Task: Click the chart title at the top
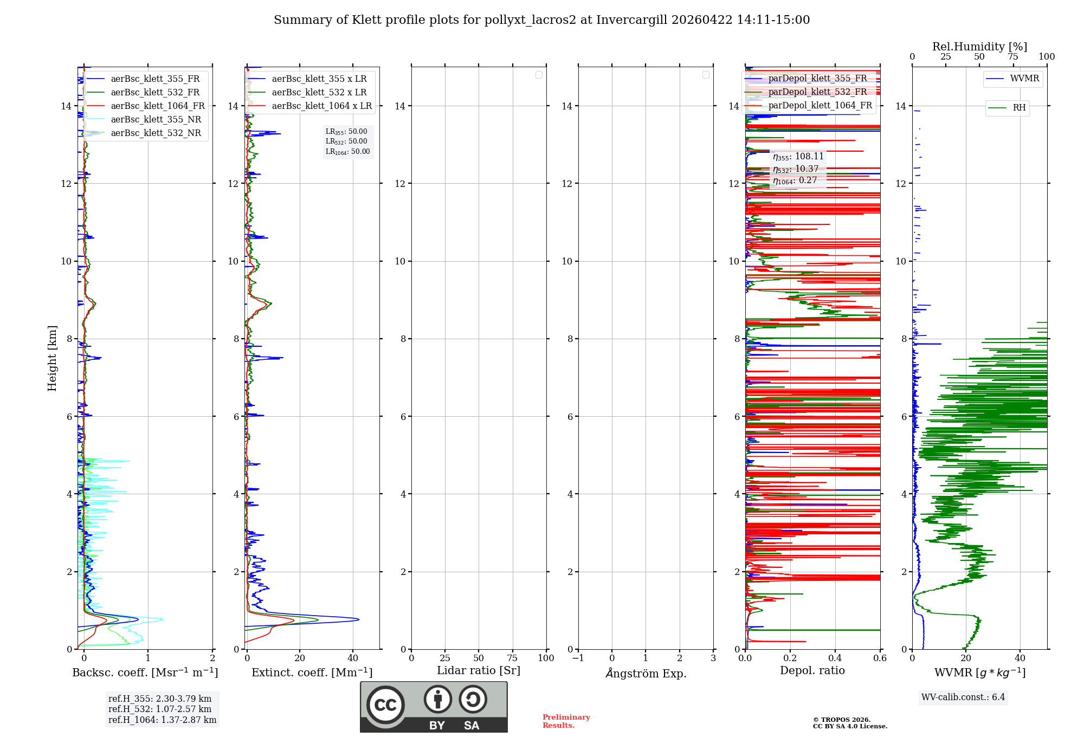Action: [x=541, y=20]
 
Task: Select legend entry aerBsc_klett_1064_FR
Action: [x=158, y=106]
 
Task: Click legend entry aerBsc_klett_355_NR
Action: [x=156, y=120]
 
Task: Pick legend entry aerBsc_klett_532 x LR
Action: [x=319, y=93]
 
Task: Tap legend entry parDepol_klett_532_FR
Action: [x=817, y=92]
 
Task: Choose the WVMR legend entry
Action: [x=1024, y=79]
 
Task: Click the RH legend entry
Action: [x=1019, y=108]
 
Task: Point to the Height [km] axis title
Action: [x=52, y=358]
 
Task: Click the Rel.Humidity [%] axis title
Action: [x=979, y=47]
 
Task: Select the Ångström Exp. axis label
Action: [x=646, y=673]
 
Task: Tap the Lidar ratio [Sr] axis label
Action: [x=479, y=671]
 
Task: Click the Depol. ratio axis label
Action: [x=812, y=671]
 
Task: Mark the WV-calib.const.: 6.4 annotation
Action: [x=963, y=697]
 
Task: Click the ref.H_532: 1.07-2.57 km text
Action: [x=160, y=709]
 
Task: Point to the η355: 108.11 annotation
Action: [x=798, y=157]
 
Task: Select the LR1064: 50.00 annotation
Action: [x=347, y=152]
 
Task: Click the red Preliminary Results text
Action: [x=566, y=721]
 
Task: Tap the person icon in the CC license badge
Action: [x=437, y=699]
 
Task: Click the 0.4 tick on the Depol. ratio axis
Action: [x=835, y=658]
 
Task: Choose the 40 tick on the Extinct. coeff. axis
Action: [x=353, y=658]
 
